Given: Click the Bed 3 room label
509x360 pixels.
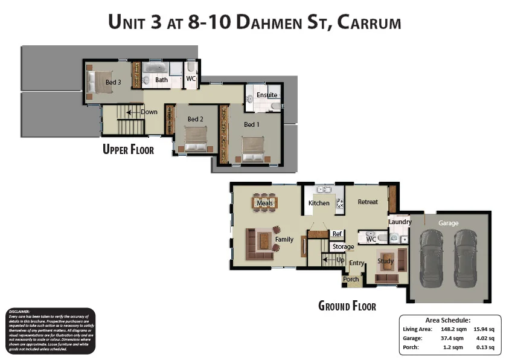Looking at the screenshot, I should tap(114, 82).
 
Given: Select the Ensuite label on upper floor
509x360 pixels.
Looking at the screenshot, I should tap(266, 95).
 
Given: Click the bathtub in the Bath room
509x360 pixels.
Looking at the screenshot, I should tap(156, 66).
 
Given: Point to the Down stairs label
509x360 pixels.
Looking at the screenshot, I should tap(149, 112).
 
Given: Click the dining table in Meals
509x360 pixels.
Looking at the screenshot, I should tap(264, 203).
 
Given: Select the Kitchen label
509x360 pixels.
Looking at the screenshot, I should tap(319, 203).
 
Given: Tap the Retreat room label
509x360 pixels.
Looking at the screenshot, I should tap(368, 202).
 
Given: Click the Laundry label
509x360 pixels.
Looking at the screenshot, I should tap(400, 222).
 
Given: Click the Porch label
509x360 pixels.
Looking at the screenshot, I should tap(351, 279).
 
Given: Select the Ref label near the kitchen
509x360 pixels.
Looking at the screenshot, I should tap(337, 234).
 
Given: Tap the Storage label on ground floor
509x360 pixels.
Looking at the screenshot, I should tap(344, 246).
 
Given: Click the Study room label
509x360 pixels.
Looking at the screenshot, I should tap(386, 261).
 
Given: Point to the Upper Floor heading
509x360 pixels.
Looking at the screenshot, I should tap(128, 149).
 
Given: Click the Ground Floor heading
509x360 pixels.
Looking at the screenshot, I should tap(347, 306).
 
